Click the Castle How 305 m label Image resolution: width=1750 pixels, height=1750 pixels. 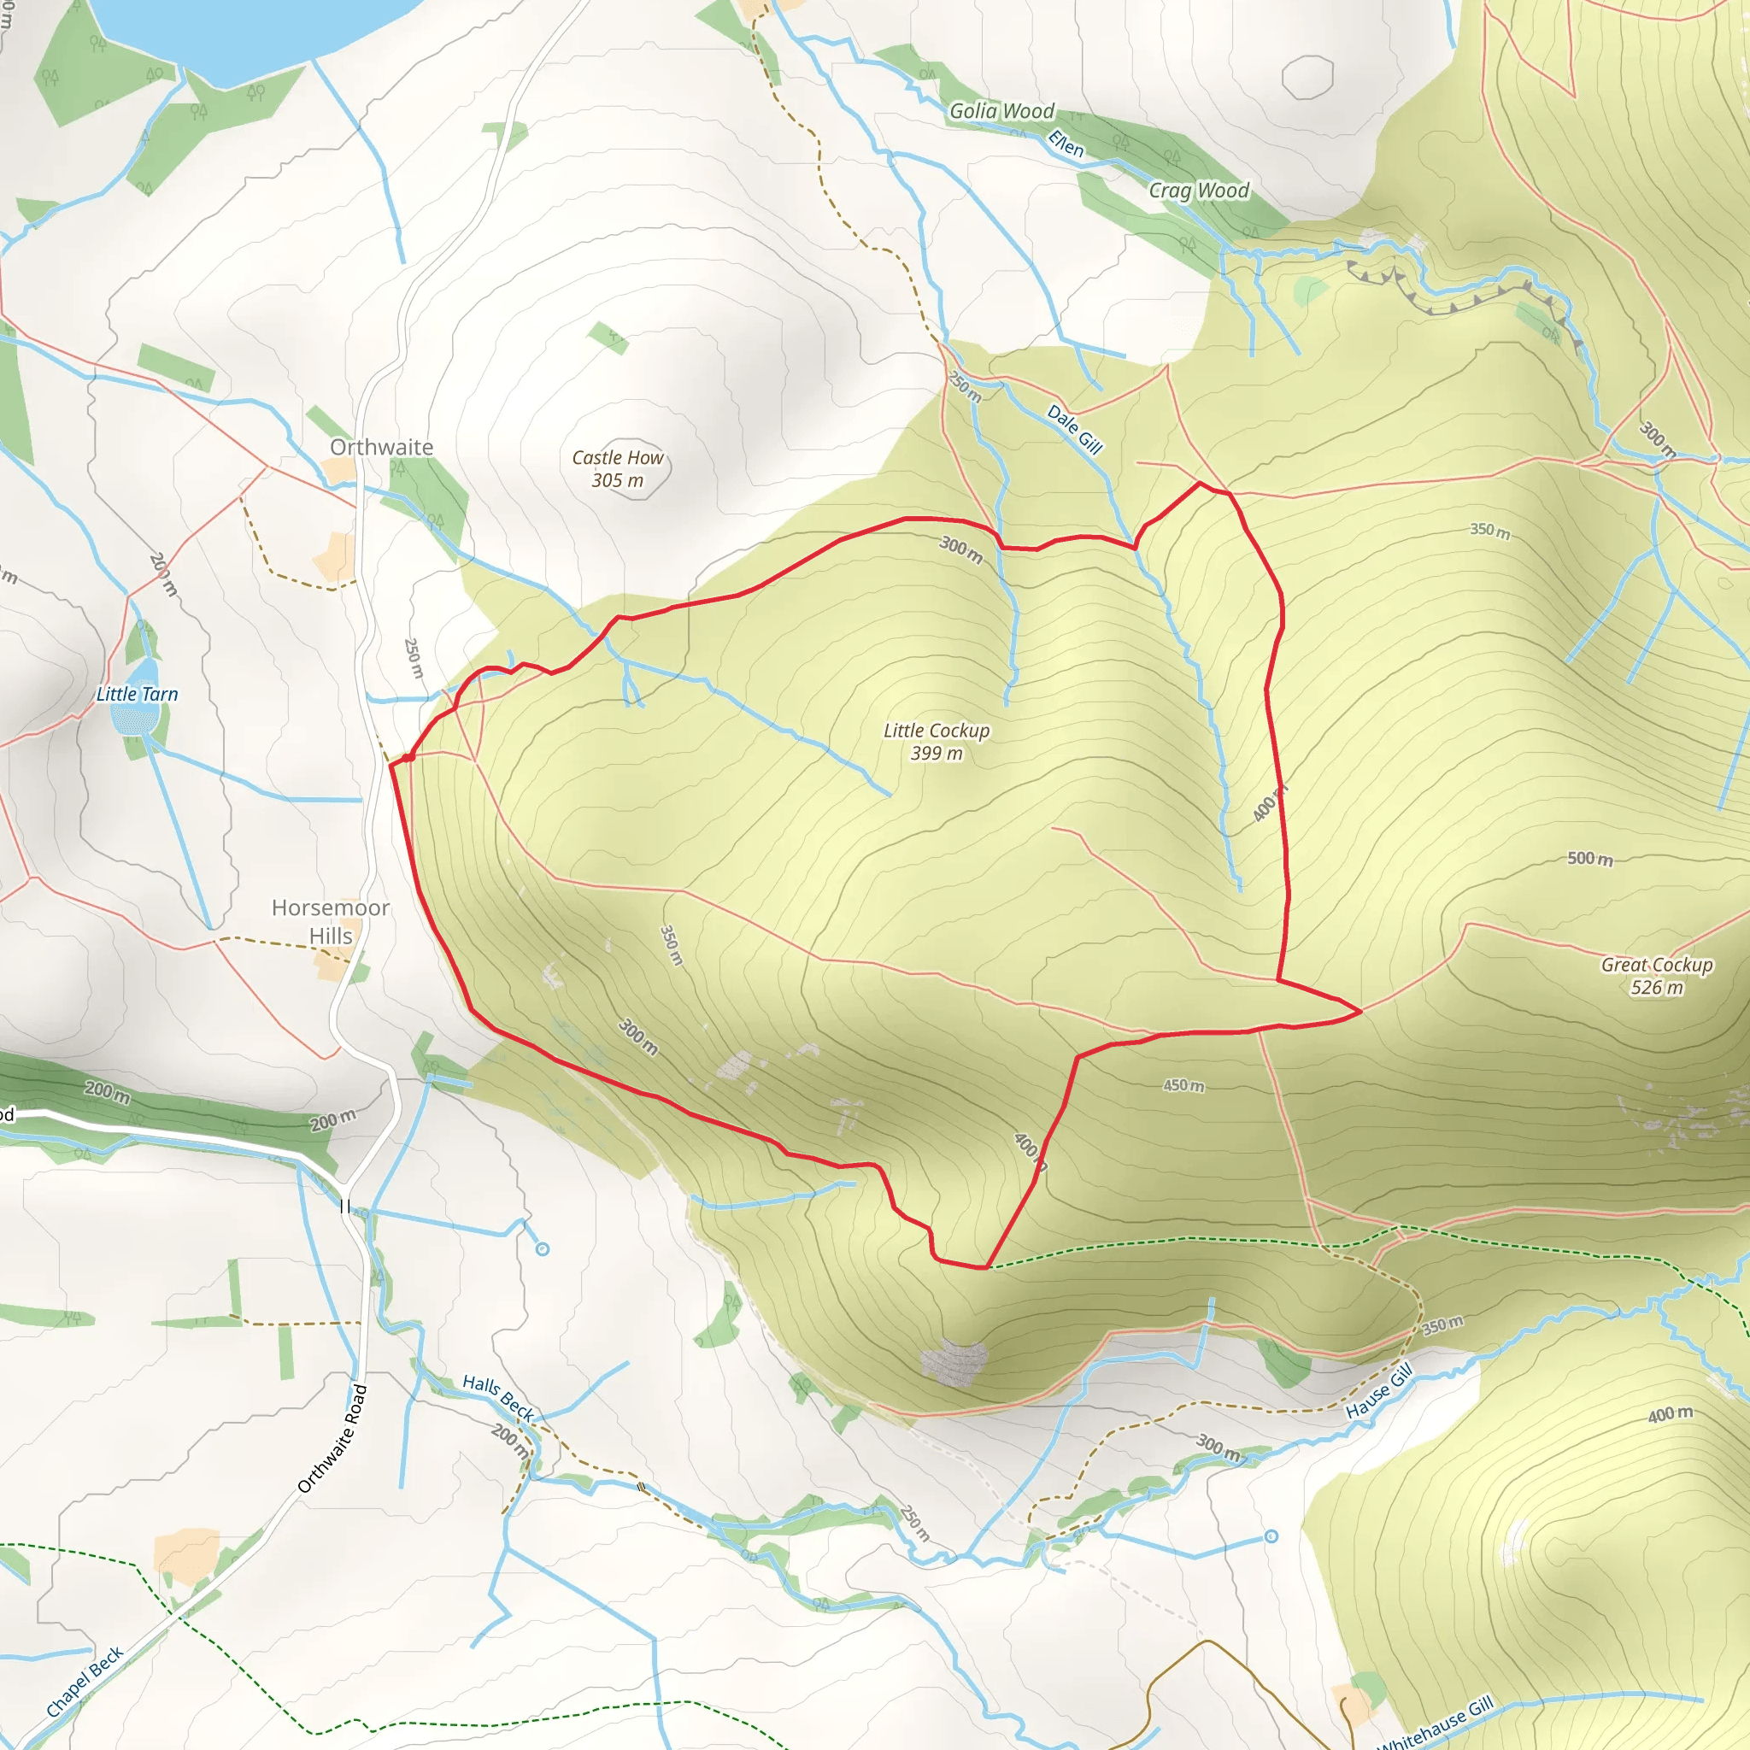coord(618,469)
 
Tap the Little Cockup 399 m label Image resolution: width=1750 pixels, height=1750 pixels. coord(937,742)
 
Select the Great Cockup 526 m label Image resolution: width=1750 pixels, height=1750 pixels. coord(1657,976)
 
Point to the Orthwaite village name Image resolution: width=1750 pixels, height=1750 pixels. coord(381,447)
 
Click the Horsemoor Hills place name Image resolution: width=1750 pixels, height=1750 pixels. coord(331,921)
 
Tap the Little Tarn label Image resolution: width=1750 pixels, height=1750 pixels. coord(138,694)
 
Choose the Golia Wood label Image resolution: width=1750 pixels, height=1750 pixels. coord(1001,110)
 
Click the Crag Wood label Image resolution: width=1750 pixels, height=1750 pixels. coord(1198,191)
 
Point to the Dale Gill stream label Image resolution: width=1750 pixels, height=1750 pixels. coord(1074,428)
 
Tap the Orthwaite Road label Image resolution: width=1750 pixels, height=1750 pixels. coord(333,1437)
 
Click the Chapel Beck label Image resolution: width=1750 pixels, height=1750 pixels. coord(85,1682)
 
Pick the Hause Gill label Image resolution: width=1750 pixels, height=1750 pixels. coord(1378,1391)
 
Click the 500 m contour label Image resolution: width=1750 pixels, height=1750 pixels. coord(1589,858)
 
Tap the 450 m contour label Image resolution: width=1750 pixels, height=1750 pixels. coord(1183,1085)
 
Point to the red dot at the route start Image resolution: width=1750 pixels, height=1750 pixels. coord(409,756)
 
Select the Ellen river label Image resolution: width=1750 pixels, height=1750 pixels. coord(1066,143)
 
